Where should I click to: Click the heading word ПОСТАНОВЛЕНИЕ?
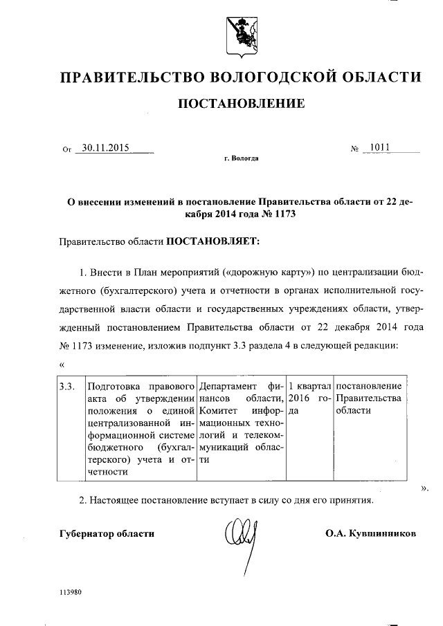[x=242, y=104]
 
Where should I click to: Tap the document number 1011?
[x=379, y=147]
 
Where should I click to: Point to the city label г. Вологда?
[x=242, y=158]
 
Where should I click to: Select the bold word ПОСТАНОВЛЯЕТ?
[x=210, y=241]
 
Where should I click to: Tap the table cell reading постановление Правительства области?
[x=368, y=397]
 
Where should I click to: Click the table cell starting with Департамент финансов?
[x=241, y=423]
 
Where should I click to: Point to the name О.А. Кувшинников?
[x=370, y=534]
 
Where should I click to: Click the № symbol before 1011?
[x=356, y=148]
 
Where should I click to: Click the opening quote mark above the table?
[x=62, y=365]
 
